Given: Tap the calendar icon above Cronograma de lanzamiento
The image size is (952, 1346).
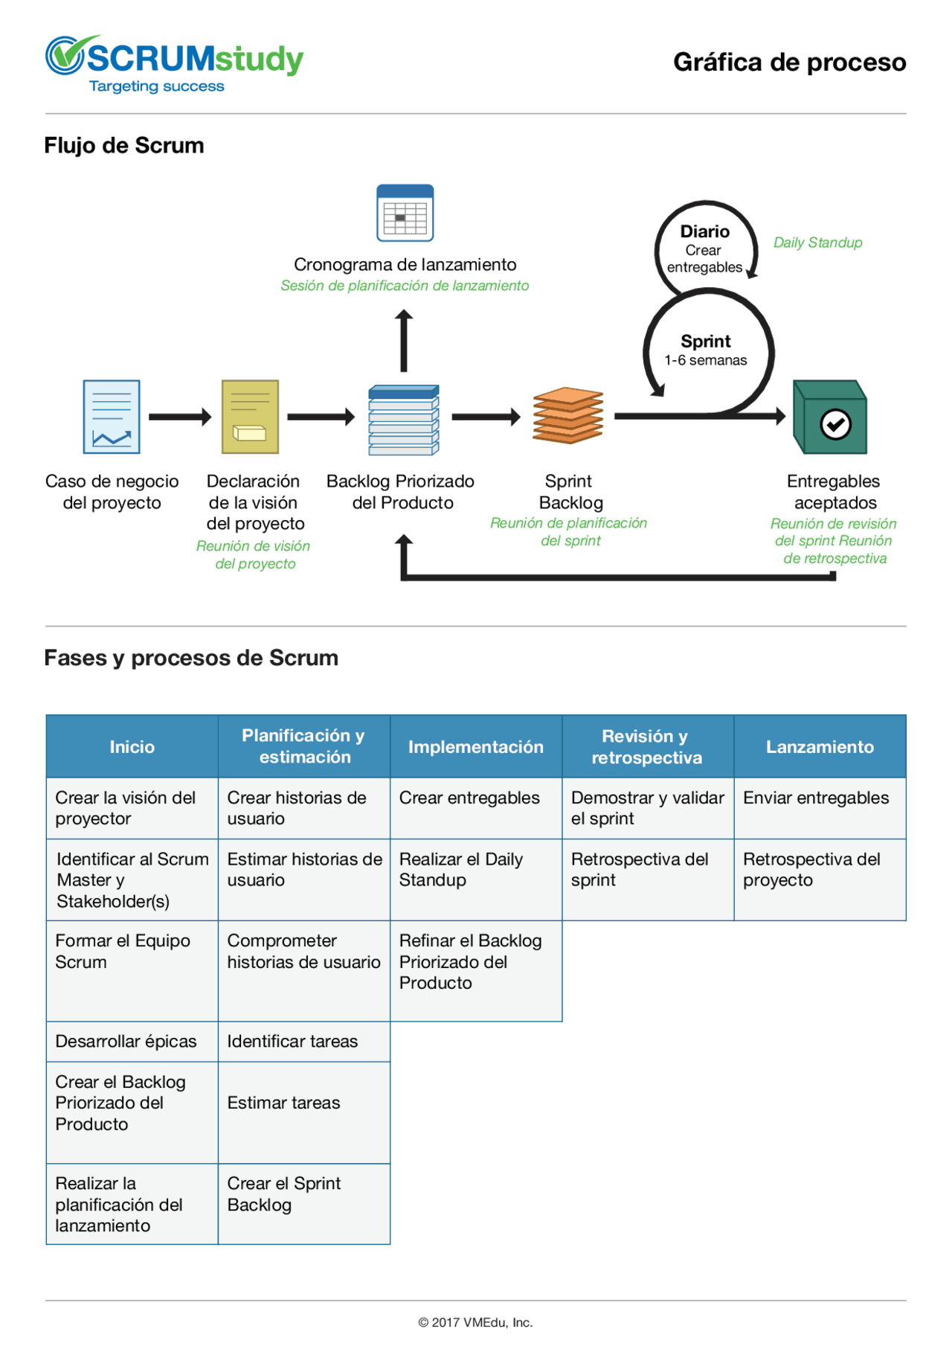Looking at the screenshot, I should click(x=405, y=214).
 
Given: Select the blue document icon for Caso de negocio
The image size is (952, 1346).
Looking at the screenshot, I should click(x=112, y=417).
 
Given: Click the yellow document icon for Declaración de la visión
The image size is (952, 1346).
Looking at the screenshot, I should click(x=251, y=417).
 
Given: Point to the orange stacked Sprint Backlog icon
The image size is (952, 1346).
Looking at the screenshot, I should click(x=568, y=415).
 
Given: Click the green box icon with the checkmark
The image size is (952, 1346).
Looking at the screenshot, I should click(x=830, y=417).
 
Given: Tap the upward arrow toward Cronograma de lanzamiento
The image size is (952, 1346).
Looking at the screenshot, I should click(x=404, y=341).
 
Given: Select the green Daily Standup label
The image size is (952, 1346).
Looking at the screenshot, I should click(x=817, y=243).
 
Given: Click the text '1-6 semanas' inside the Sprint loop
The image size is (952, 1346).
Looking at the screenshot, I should click(x=705, y=360).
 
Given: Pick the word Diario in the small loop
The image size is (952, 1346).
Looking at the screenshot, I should click(x=704, y=231).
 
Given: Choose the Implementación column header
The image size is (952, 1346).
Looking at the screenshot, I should click(x=476, y=747).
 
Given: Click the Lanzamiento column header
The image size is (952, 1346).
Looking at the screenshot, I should click(x=820, y=747).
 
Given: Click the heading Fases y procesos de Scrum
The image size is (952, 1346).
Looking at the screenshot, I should click(x=191, y=658).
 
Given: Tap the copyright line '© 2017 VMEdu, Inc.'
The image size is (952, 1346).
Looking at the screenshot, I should click(x=475, y=1322).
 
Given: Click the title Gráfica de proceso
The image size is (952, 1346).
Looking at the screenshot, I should click(x=789, y=63).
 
